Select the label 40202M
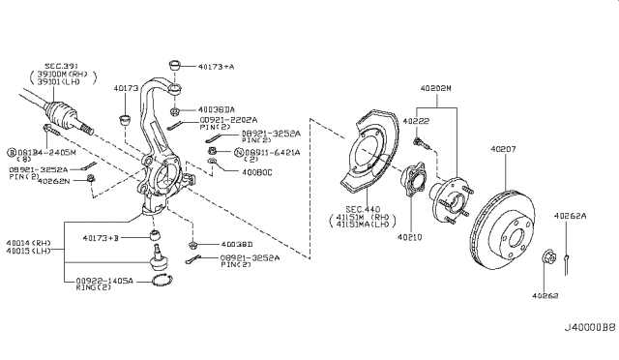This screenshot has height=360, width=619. pos(435,89)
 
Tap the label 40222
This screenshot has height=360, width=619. pos(417,120)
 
